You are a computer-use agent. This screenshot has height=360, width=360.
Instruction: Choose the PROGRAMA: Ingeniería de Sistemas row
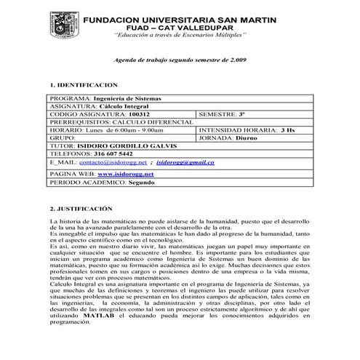pyautogui.click(x=106, y=97)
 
